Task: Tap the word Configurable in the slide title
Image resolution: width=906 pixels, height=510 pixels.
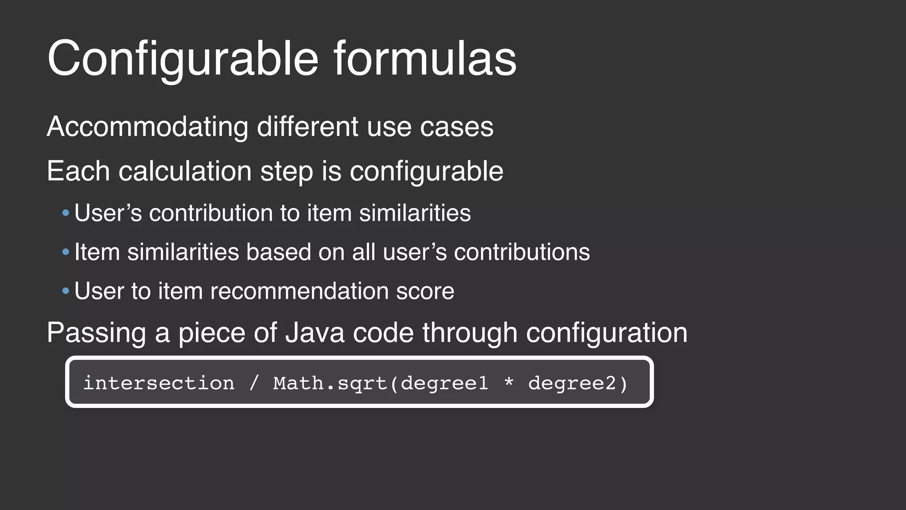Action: click(183, 58)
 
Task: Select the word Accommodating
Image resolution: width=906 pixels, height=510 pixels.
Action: click(147, 127)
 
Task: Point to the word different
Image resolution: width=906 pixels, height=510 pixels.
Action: click(307, 127)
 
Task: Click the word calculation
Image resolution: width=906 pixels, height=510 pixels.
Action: click(185, 171)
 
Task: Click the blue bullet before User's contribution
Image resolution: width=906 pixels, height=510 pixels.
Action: click(66, 213)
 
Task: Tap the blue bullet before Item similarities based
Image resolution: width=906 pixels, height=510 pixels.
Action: click(66, 252)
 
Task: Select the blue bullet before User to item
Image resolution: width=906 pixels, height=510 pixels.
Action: click(66, 291)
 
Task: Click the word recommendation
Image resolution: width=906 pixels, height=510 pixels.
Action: click(299, 291)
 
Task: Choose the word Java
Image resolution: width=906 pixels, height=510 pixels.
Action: click(315, 332)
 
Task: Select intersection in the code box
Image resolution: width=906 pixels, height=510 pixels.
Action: click(159, 383)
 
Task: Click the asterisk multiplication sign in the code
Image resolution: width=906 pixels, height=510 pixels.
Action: click(509, 382)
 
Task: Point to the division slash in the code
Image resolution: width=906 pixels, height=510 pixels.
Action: click(253, 383)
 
